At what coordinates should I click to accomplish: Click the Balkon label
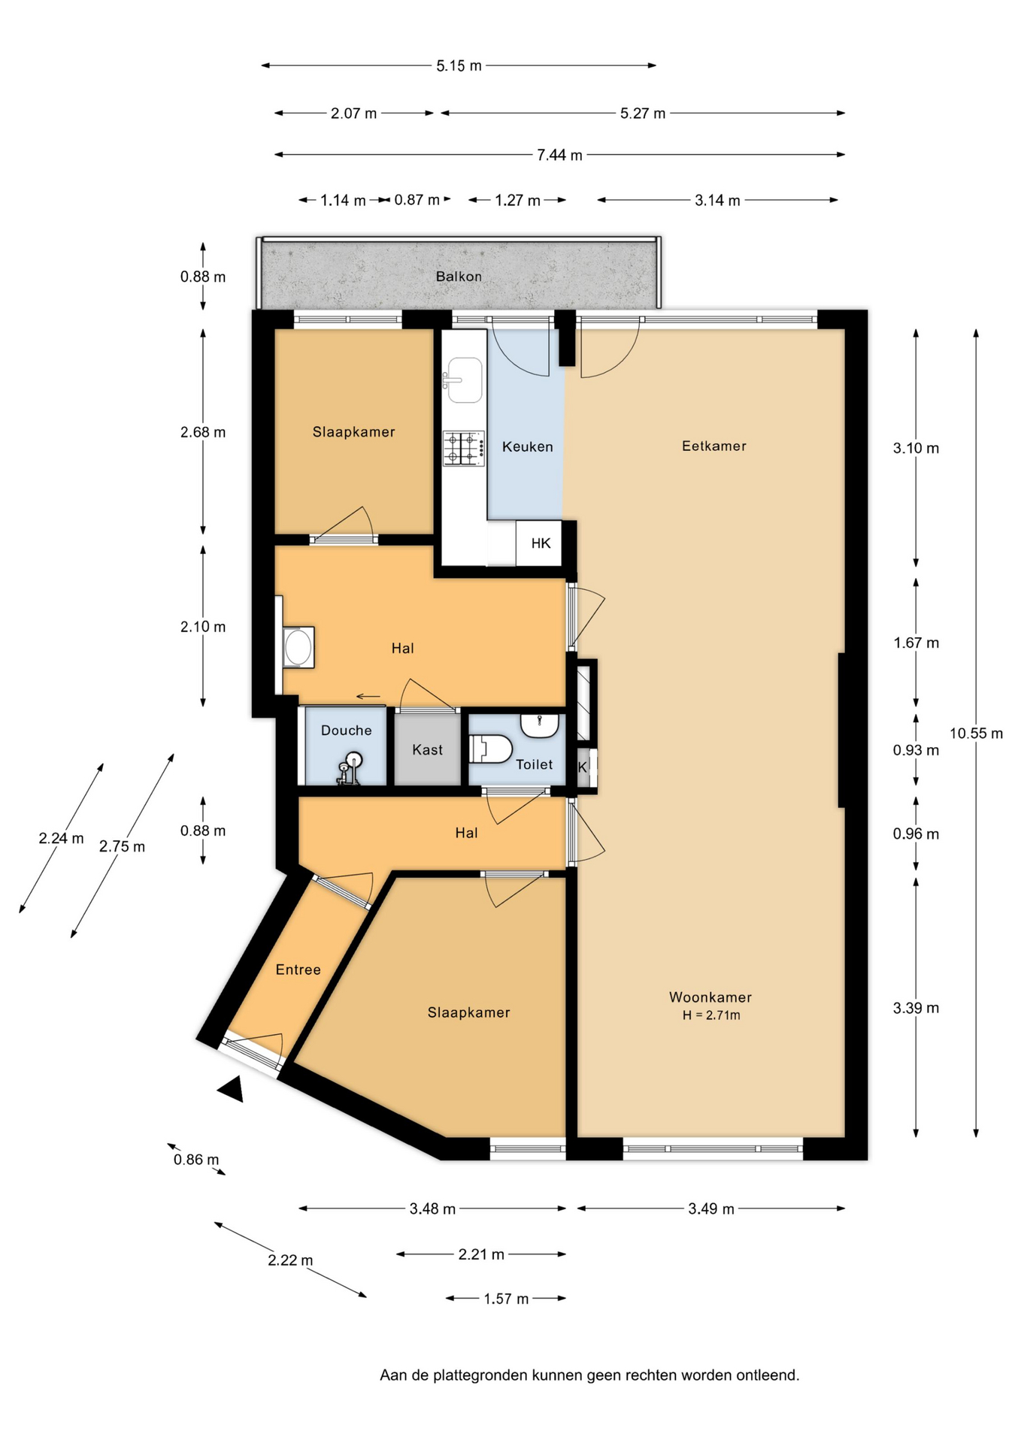[x=459, y=277]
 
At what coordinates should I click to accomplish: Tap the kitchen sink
[x=463, y=380]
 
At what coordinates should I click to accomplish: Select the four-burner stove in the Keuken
[x=463, y=448]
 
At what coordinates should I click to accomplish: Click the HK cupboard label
[x=541, y=543]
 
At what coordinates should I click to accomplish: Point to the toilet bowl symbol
[x=490, y=749]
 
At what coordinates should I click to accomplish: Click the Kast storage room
[x=427, y=749]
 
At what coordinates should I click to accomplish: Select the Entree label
[x=298, y=970]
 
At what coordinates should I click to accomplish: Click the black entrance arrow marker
[x=232, y=1089]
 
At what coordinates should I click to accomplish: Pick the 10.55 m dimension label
[x=976, y=734]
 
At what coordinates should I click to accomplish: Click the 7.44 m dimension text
[x=559, y=155]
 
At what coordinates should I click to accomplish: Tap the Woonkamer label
[x=710, y=997]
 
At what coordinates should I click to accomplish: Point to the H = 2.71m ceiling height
[x=711, y=1015]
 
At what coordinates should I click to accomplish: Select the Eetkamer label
[x=714, y=446]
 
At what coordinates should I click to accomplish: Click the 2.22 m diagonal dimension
[x=290, y=1260]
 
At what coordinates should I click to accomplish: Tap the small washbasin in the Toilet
[x=540, y=725]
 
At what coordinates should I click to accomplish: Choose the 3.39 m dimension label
[x=916, y=1009]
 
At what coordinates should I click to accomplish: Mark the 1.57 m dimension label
[x=506, y=1299]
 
